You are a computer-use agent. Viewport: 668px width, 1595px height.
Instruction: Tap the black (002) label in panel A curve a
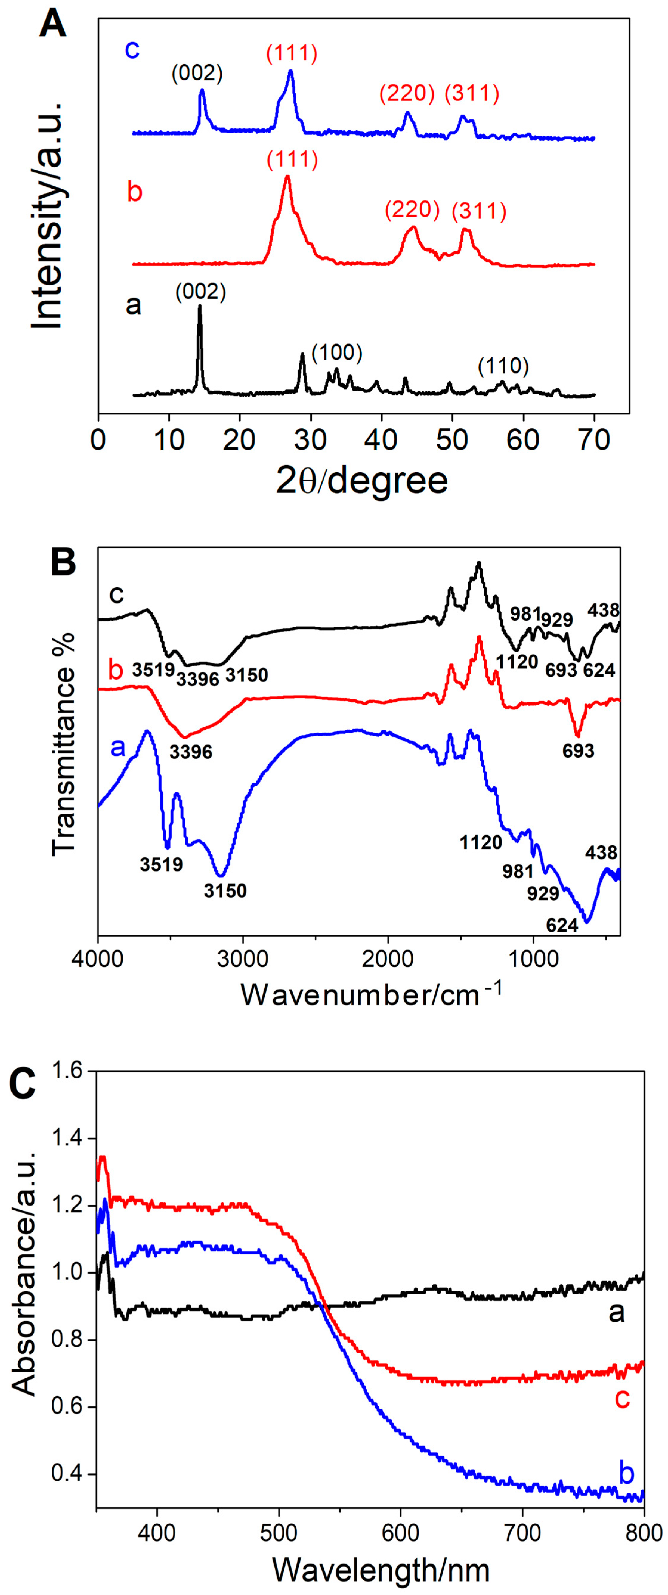tap(200, 292)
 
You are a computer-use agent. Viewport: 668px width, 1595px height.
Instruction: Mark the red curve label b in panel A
tap(134, 192)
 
